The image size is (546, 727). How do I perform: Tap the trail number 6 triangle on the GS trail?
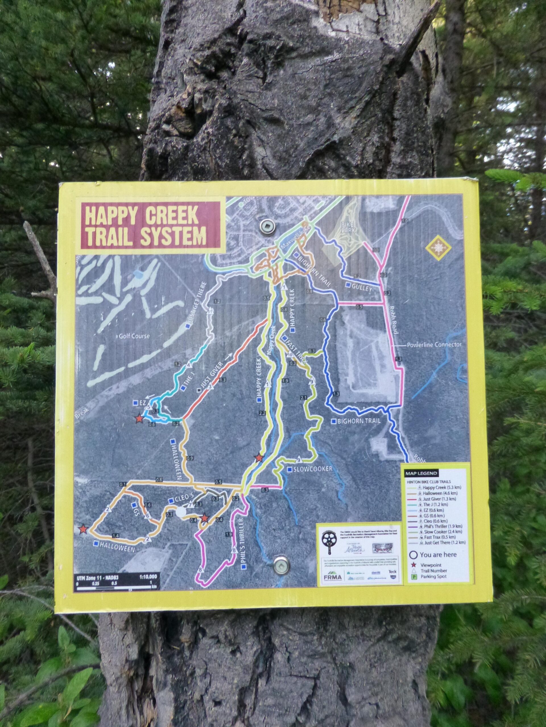[x=146, y=516]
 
